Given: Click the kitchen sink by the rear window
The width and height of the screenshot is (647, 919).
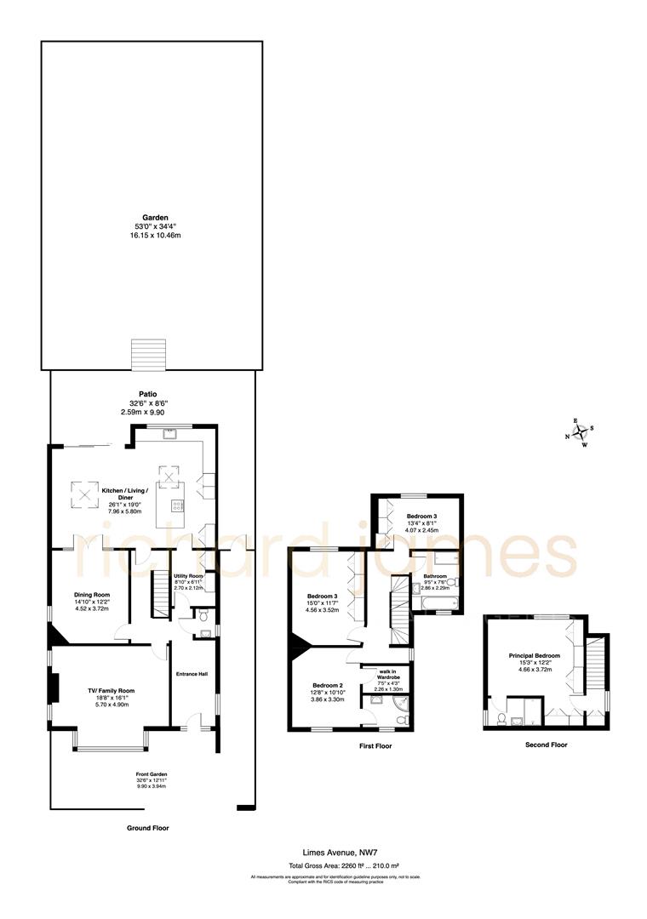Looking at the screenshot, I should click(x=170, y=432).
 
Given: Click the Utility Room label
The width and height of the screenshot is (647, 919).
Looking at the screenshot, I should click(x=188, y=576).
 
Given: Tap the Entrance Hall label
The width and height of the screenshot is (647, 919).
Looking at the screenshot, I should click(x=192, y=674).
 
